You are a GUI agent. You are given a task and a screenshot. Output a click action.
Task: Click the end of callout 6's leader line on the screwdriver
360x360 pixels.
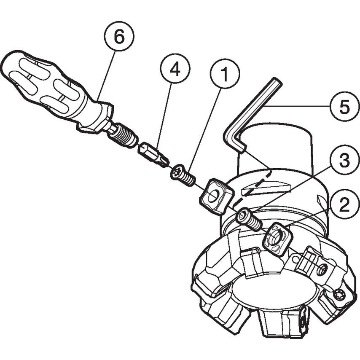click(98, 99)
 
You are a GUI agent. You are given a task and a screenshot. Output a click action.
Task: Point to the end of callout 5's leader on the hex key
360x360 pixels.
click(263, 107)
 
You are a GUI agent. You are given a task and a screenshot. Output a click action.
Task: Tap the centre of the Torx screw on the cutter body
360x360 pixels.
click(338, 295)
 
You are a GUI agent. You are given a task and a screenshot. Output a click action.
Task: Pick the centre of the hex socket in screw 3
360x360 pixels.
click(243, 215)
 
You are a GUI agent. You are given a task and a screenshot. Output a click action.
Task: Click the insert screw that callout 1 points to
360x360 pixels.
click(183, 175)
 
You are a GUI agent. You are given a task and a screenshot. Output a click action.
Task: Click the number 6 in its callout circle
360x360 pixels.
click(119, 37)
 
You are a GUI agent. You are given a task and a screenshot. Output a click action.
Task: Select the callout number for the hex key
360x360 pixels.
click(344, 107)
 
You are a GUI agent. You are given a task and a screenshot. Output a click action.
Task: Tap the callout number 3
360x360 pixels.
click(344, 160)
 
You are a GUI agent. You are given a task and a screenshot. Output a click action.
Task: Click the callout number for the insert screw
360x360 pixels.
click(225, 74)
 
